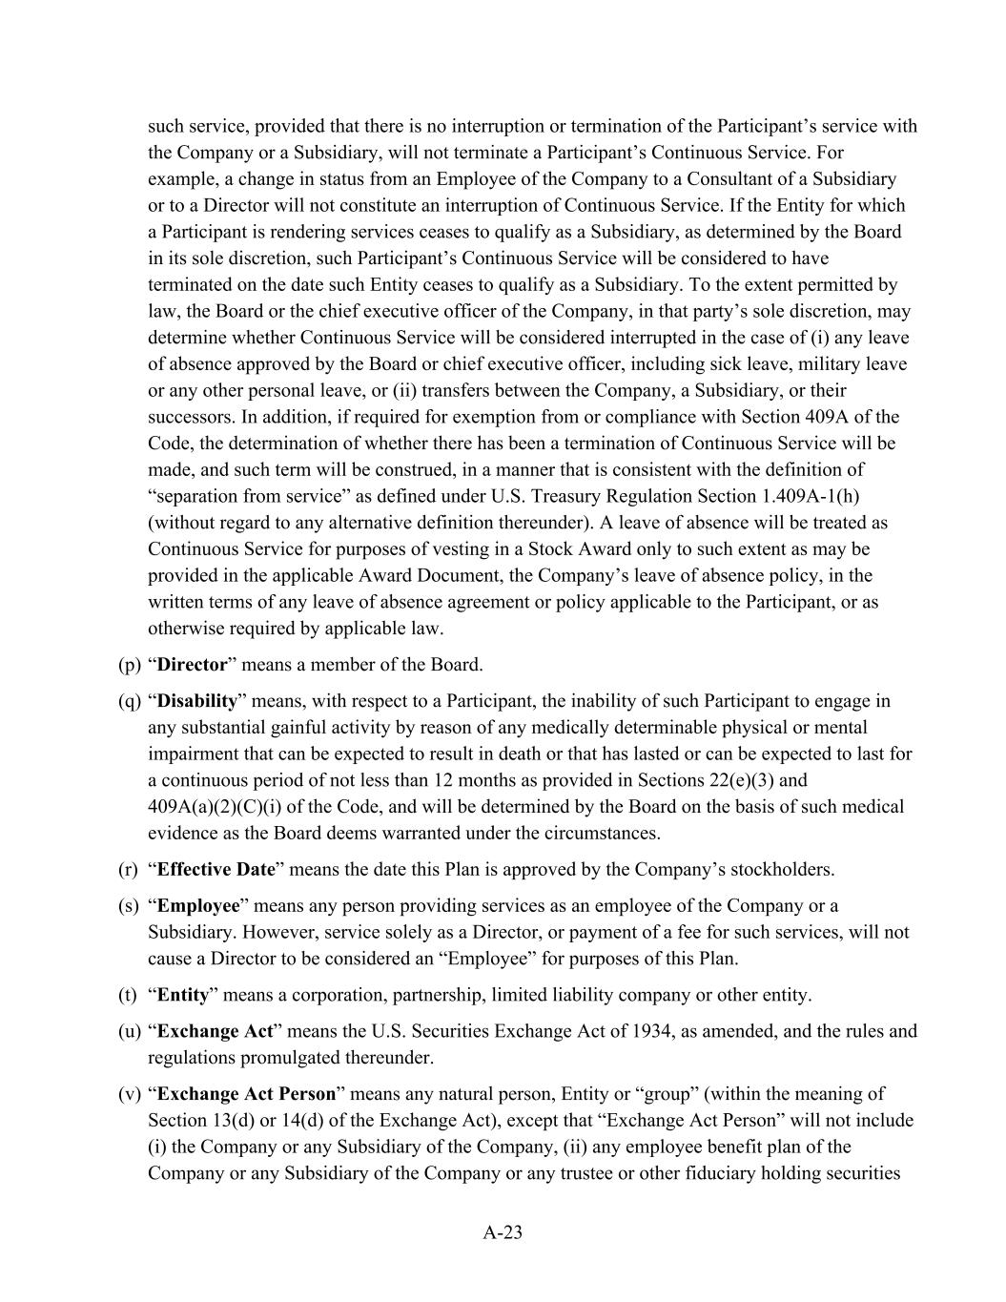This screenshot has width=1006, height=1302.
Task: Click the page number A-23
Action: (503, 1232)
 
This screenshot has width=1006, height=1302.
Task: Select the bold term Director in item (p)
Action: (192, 665)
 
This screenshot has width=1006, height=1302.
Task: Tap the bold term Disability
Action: (196, 701)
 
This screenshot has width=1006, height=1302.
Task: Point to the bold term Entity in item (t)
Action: (182, 996)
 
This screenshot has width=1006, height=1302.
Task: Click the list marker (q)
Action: (130, 701)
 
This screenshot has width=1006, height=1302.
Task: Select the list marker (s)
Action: (129, 906)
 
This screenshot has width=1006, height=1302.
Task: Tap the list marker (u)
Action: (130, 1032)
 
